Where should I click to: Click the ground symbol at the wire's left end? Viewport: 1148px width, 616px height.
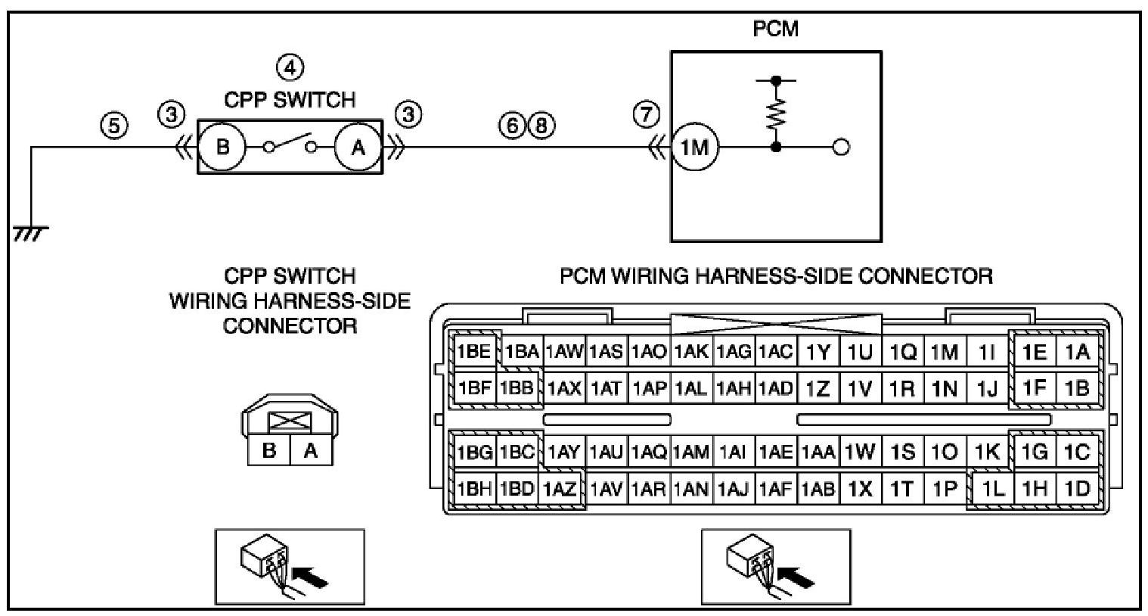click(31, 233)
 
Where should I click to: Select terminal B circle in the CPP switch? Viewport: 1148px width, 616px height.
click(222, 148)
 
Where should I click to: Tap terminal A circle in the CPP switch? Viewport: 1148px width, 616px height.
click(358, 148)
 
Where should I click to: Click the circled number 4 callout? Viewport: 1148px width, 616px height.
click(290, 67)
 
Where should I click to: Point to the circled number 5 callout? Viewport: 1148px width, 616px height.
click(114, 126)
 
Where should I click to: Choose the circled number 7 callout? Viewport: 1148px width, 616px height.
click(647, 114)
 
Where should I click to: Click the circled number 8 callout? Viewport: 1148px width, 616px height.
click(541, 126)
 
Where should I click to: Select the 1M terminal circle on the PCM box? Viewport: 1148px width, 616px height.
click(694, 148)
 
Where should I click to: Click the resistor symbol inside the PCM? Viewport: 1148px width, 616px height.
click(777, 114)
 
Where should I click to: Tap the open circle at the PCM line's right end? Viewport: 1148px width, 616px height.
click(841, 148)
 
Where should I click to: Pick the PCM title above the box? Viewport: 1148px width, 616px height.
click(776, 29)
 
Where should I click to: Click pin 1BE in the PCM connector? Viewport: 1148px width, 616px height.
click(474, 352)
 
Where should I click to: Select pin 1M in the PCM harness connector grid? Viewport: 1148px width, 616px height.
click(945, 352)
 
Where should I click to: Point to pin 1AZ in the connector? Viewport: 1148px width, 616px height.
click(560, 489)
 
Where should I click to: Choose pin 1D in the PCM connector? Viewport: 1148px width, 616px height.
click(1077, 489)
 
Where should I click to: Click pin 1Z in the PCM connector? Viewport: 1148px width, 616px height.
click(818, 389)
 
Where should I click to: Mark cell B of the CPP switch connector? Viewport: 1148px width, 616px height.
click(269, 450)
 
